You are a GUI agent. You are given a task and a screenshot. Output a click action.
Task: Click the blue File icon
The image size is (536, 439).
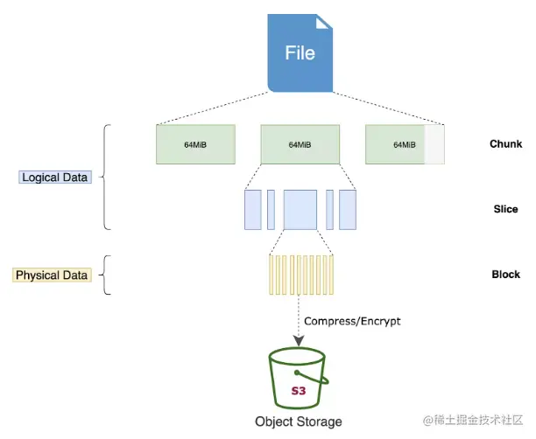[300, 52]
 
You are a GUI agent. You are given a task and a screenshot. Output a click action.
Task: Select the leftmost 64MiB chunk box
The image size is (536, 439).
[195, 144]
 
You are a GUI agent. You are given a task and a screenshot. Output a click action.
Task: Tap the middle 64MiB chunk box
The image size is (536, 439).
[300, 144]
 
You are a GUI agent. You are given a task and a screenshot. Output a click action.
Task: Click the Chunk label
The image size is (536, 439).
[505, 144]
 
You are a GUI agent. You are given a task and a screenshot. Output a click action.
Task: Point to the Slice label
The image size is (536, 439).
[505, 210]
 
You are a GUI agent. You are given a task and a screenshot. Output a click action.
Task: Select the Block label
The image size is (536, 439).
[505, 275]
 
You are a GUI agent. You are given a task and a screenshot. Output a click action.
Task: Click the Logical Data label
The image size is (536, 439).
[53, 178]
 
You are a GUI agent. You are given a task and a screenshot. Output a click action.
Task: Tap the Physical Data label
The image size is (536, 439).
[52, 275]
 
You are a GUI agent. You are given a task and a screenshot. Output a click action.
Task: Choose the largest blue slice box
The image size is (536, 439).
[300, 210]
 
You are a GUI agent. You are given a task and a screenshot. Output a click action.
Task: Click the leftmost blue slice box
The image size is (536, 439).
[252, 210]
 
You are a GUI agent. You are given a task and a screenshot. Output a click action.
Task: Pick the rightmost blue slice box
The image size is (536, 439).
[348, 210]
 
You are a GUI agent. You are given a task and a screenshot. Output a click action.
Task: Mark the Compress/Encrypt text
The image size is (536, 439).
[353, 321]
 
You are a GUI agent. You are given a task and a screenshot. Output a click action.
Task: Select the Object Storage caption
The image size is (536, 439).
[299, 422]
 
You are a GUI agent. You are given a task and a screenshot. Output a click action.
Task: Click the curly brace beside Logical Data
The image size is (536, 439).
[107, 178]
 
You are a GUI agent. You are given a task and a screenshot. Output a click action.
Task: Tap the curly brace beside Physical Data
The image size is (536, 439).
[107, 275]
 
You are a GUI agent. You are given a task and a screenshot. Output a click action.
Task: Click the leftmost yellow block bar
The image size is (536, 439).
[271, 275]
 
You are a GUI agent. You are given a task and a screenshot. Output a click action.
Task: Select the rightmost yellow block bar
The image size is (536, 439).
[331, 275]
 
